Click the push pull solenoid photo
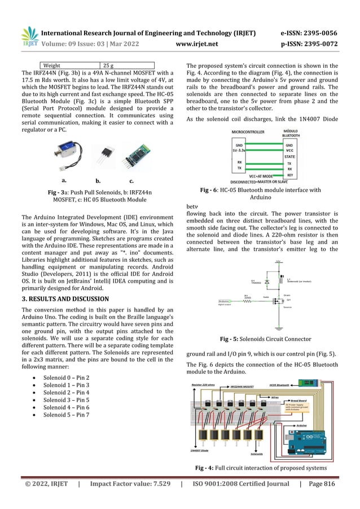click(66, 154)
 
